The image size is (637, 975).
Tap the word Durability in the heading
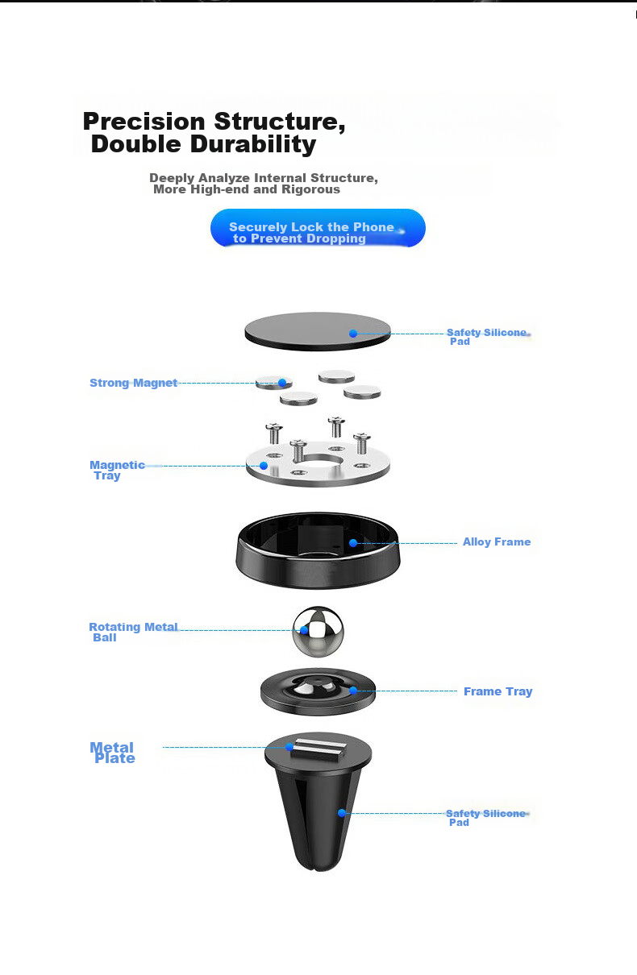point(253,145)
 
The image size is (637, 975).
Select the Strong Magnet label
point(133,383)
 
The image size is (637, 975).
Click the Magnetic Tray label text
point(116,470)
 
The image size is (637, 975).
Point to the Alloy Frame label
point(497,541)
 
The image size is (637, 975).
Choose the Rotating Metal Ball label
point(132,632)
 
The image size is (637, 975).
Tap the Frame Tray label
point(498,691)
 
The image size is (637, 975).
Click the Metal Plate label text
point(113,753)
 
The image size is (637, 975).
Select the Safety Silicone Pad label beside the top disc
point(486,336)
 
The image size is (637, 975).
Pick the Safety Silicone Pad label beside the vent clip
point(485,817)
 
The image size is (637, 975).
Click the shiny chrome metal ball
point(318,631)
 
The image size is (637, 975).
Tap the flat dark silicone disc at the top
point(317,330)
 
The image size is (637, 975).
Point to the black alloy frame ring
point(317,556)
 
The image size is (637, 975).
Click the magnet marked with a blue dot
point(274,383)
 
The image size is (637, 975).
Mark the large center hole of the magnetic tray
point(321,463)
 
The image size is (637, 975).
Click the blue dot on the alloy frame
point(353,543)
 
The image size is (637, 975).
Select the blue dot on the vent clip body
point(342,813)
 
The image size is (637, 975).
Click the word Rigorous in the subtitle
point(310,189)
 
